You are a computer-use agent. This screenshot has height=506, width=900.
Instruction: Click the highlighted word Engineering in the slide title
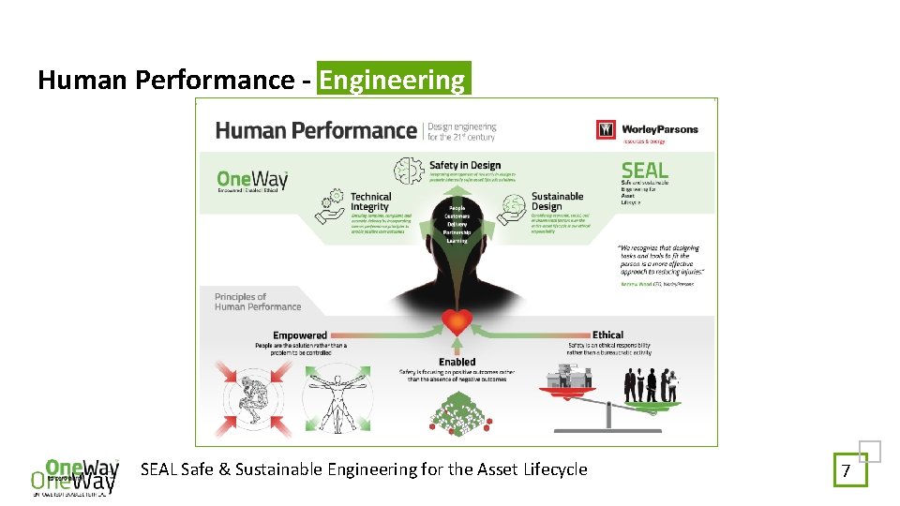[393, 81]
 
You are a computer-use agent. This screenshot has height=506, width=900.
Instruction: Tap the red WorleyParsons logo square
[606, 129]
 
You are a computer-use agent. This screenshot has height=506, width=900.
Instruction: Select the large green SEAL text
[645, 171]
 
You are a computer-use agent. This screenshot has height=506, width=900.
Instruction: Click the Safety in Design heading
[465, 166]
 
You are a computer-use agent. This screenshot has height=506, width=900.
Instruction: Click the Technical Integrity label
[369, 201]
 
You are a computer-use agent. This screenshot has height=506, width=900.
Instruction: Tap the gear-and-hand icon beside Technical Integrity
[332, 208]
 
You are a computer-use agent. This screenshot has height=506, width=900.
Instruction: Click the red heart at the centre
[457, 322]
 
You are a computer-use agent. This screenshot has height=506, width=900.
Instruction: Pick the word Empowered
[300, 335]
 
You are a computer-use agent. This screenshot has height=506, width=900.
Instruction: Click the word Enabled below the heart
[457, 362]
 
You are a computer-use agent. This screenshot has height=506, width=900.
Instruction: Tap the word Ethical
[607, 335]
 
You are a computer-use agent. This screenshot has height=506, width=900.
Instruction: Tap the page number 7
[846, 470]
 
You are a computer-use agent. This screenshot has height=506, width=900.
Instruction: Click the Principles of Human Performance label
[258, 302]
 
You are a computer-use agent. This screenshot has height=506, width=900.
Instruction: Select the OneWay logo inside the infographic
[251, 179]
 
